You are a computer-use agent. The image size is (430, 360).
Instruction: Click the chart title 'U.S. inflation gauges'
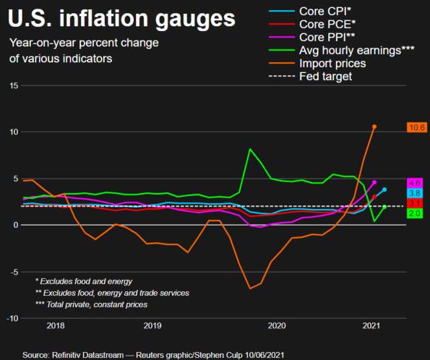tap(121, 17)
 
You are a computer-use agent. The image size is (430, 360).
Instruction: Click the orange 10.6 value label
tap(415, 127)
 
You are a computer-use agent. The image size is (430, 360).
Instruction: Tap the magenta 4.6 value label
tap(415, 183)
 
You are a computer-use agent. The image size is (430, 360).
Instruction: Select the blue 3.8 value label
tap(415, 193)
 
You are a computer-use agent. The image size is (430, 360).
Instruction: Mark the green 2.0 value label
tap(415, 214)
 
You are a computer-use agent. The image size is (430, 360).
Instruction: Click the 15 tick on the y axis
tap(13, 85)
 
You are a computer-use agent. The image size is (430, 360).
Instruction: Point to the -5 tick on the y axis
tap(13, 272)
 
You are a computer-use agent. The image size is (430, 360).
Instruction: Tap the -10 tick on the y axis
tap(12, 318)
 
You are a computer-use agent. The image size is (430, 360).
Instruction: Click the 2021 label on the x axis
tap(371, 326)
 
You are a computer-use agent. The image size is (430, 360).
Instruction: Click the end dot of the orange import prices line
tap(374, 127)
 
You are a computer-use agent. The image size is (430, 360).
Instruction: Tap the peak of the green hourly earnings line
tap(250, 149)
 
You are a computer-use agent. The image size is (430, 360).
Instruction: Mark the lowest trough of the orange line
tap(250, 288)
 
